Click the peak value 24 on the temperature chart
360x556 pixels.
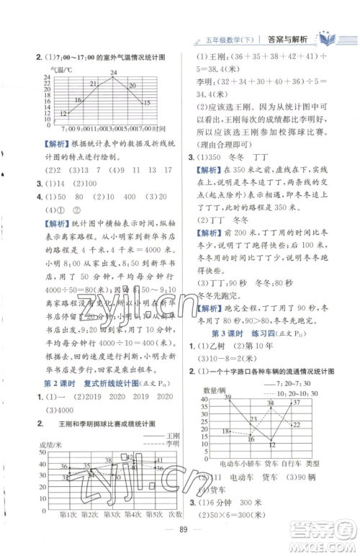114,72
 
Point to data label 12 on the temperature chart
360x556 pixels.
65,112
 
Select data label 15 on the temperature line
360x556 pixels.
146,103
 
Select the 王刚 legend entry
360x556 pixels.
170,434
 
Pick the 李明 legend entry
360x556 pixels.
171,444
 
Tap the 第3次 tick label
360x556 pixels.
117,533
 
